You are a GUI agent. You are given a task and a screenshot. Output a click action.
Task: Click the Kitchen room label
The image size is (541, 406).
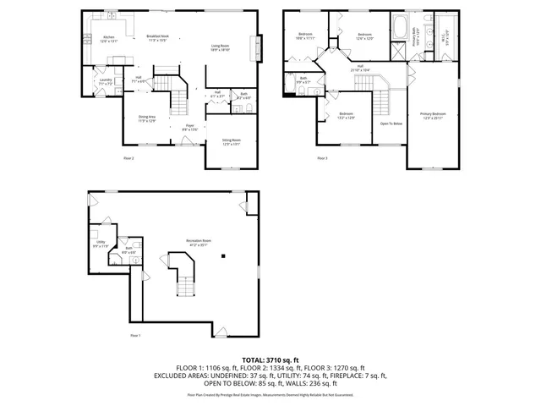coord(107,39)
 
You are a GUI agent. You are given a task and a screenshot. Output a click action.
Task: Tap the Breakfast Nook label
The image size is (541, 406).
coord(158,37)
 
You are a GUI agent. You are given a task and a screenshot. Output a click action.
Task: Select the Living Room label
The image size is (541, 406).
coord(220,47)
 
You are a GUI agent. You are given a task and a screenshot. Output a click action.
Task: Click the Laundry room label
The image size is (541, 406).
coord(107,81)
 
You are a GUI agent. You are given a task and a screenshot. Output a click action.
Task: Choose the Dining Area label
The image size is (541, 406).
coord(148,118)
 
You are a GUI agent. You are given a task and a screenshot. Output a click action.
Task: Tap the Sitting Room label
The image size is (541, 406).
coord(231,141)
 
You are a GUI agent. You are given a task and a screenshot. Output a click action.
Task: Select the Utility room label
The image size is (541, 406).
coord(100,244)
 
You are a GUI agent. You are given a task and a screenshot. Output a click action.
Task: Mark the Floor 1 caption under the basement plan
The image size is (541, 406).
coord(134,336)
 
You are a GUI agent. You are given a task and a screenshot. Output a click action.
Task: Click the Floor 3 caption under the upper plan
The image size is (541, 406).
coord(322,157)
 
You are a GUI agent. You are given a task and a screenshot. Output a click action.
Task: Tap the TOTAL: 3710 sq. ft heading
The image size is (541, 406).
coord(270,360)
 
